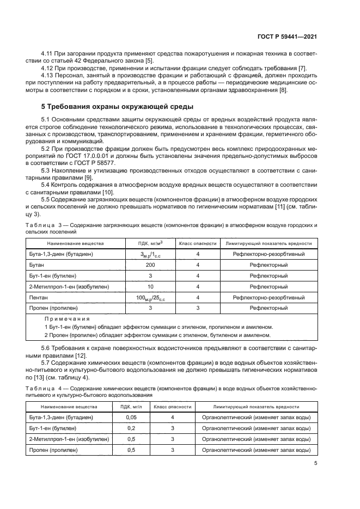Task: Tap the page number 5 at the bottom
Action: pos(316,464)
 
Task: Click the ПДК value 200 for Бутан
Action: pos(150,265)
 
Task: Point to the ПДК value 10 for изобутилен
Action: pos(150,286)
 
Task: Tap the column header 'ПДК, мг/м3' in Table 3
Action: pos(150,243)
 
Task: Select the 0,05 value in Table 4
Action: pos(131,417)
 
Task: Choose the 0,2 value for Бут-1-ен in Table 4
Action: pos(131,428)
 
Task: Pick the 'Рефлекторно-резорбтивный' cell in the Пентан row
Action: pos(269,297)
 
